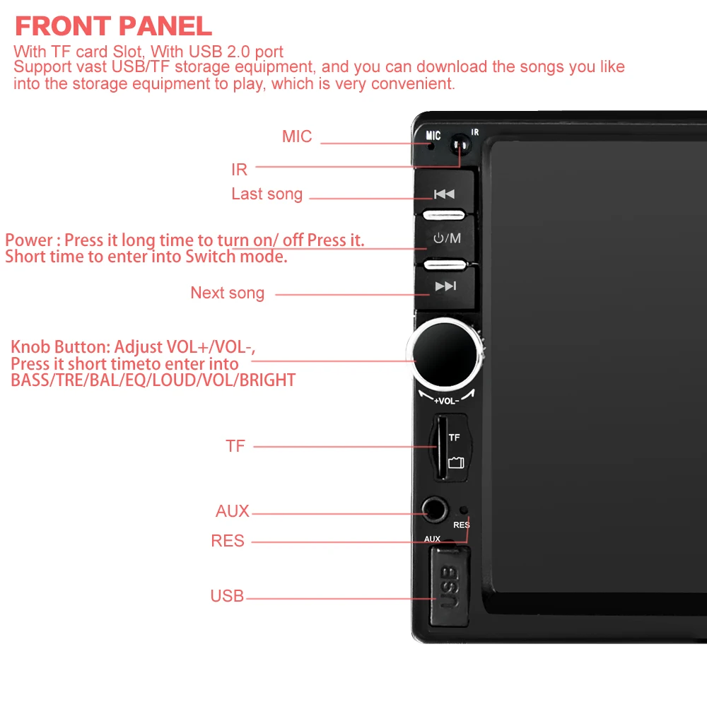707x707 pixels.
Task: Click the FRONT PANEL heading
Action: [x=113, y=25]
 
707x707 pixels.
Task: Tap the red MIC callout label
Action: [x=297, y=136]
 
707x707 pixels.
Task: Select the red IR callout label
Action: [x=239, y=170]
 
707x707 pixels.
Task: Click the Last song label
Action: [x=267, y=194]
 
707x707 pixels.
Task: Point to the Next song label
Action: [x=227, y=293]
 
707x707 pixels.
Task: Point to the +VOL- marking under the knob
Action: [x=446, y=401]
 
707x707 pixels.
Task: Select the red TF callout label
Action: [x=235, y=446]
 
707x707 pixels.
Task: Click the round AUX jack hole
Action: [x=435, y=510]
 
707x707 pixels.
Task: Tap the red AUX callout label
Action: [x=232, y=511]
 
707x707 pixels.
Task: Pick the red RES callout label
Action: [x=228, y=541]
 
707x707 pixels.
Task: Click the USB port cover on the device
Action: [x=450, y=586]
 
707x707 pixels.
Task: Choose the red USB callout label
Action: [x=227, y=595]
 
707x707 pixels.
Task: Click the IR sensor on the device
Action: [x=460, y=145]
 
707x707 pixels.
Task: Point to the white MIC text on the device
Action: [x=433, y=135]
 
